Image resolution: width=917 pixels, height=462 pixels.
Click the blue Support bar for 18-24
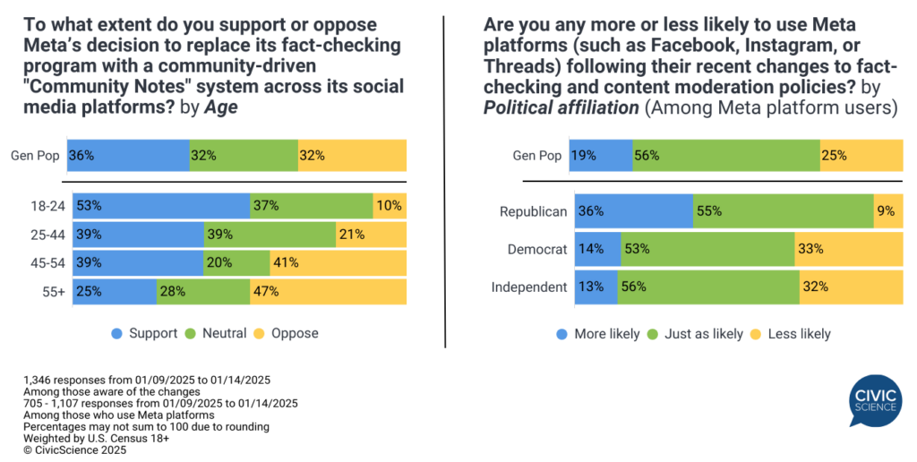pyautogui.click(x=161, y=206)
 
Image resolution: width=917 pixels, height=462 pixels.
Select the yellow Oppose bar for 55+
pyautogui.click(x=328, y=291)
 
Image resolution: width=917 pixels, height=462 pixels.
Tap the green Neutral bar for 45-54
pyautogui.click(x=236, y=262)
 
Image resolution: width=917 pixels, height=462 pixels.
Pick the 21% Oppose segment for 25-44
pyautogui.click(x=371, y=235)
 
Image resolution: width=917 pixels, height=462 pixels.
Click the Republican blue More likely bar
pyautogui.click(x=633, y=212)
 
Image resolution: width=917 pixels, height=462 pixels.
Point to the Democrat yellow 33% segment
pyautogui.click(x=848, y=250)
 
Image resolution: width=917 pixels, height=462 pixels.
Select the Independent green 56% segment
pyautogui.click(x=707, y=287)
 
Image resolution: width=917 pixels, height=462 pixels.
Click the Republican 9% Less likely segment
pyautogui.click(x=888, y=212)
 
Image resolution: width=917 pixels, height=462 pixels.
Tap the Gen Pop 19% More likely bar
pyautogui.click(x=603, y=155)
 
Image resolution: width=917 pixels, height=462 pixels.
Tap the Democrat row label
pyautogui.click(x=538, y=250)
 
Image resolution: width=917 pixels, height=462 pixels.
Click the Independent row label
pyautogui.click(x=529, y=287)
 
